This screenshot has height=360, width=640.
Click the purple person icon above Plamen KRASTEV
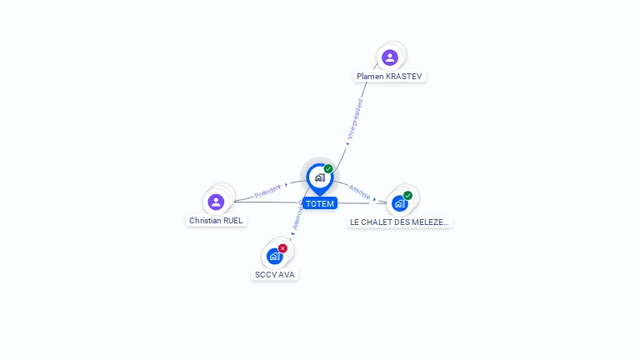[x=390, y=57]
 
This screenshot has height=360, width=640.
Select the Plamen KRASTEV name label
[x=389, y=76]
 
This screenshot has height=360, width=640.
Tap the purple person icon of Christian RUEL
[x=216, y=202]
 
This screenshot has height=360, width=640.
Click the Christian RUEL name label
[x=216, y=220]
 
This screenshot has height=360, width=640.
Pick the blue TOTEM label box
[x=319, y=203]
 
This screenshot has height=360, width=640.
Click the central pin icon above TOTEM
[x=319, y=177]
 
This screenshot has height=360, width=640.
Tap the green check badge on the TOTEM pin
[x=328, y=169]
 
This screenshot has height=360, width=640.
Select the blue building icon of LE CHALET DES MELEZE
[x=400, y=203]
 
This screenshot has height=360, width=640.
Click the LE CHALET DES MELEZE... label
[x=400, y=222]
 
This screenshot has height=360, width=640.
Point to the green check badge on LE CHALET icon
[x=407, y=196]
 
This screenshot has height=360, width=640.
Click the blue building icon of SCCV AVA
[x=274, y=256]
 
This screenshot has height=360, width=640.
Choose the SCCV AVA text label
[x=274, y=274]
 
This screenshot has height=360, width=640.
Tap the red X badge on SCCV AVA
[x=282, y=248]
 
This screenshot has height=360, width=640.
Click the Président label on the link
[x=267, y=192]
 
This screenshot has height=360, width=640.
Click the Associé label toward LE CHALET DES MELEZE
[x=360, y=190]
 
